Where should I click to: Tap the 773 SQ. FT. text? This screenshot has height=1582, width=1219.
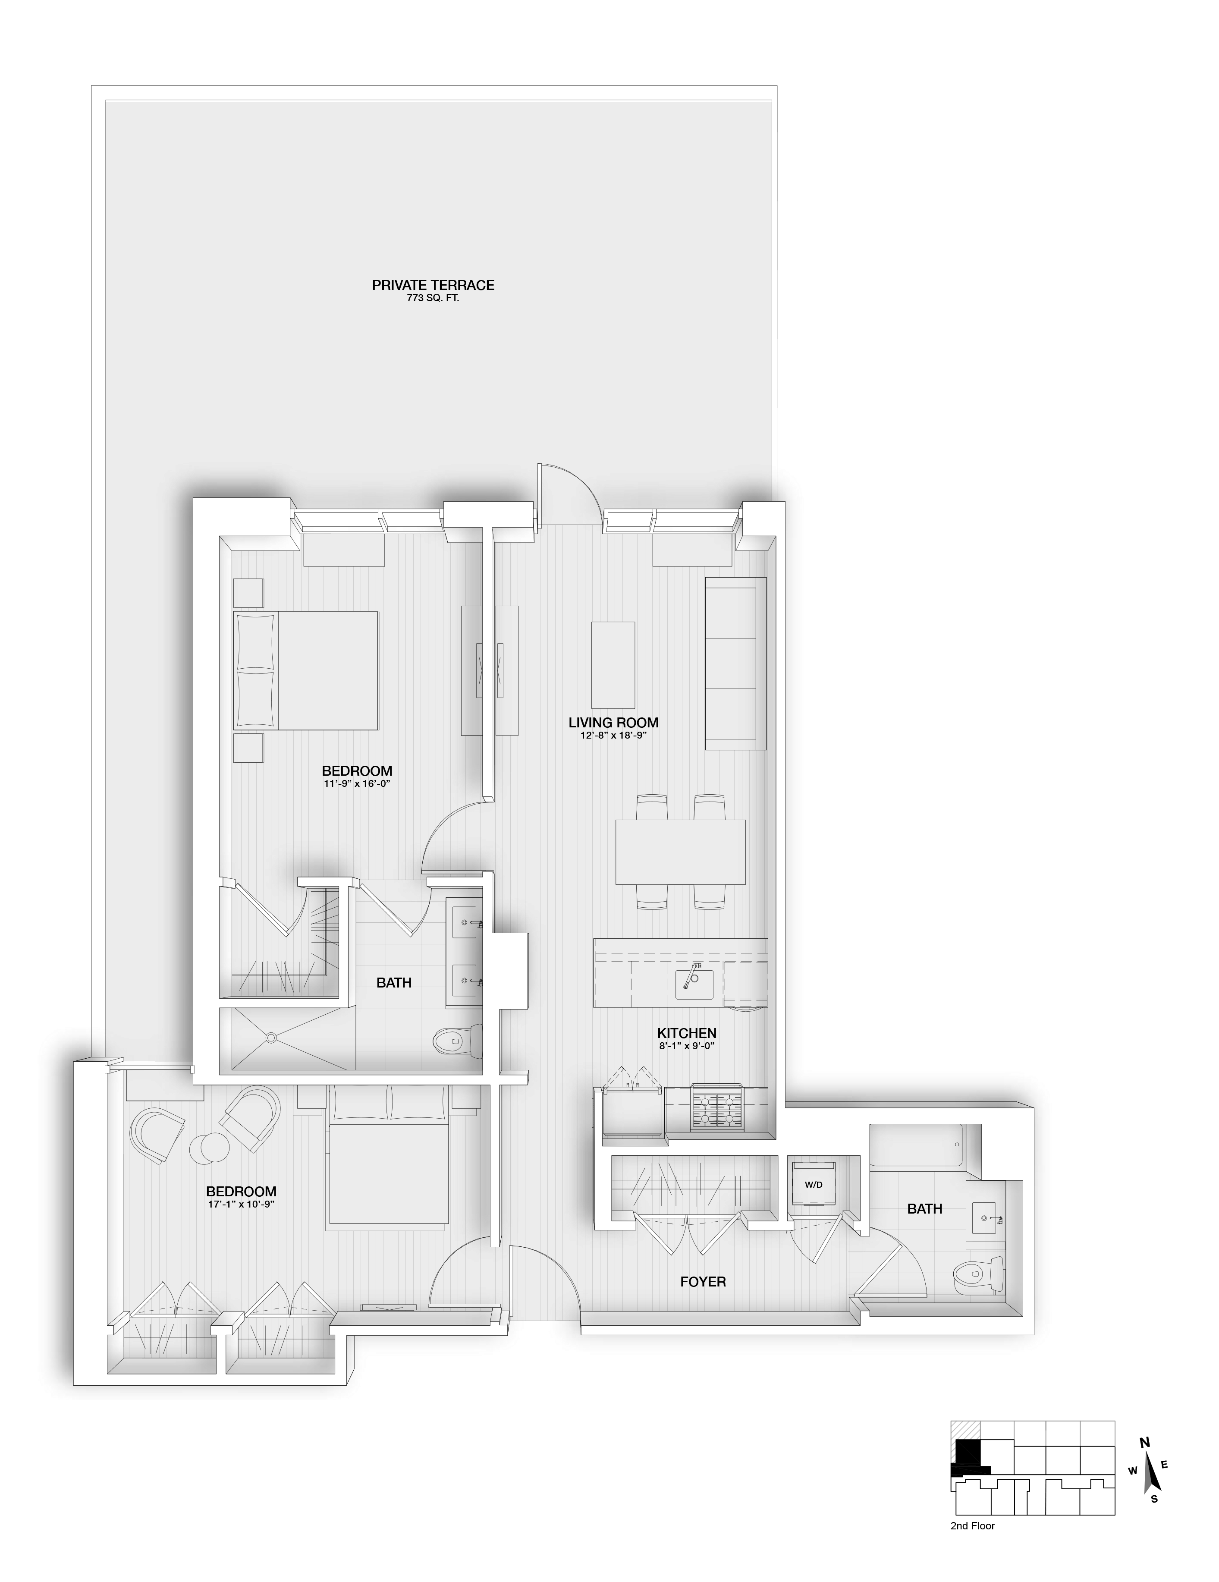coord(432,298)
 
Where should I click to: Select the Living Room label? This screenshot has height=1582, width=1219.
coord(613,722)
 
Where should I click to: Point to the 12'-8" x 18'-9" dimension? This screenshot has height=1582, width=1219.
coord(613,735)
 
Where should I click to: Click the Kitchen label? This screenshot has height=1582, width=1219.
coord(686,1033)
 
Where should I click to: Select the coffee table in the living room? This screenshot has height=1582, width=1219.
coord(613,665)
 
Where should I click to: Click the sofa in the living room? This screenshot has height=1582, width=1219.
coord(735,664)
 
